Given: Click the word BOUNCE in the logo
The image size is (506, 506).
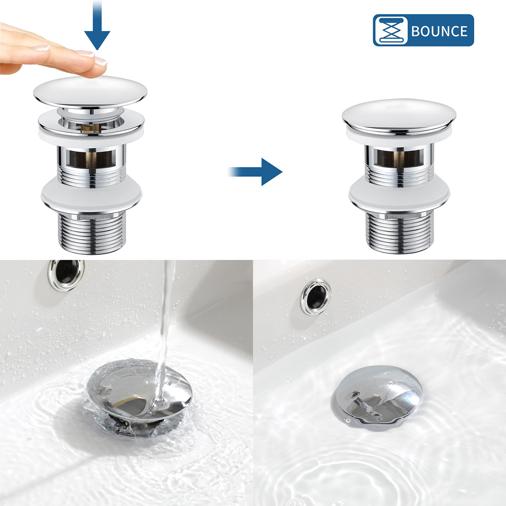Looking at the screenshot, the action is click(439, 31).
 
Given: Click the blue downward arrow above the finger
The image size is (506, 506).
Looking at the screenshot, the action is click(97, 25).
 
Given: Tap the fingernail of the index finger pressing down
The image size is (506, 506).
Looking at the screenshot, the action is click(101, 60).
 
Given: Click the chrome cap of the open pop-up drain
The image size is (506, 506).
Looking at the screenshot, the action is click(90, 91).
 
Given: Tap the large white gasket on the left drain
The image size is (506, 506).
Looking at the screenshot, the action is click(91, 195).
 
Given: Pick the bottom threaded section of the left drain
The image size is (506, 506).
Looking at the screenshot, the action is click(92, 232).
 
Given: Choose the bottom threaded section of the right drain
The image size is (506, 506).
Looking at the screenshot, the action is click(400, 232).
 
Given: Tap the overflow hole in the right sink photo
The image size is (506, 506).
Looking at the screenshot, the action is click(316, 296).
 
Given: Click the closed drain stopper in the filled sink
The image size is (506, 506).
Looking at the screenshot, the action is click(377, 395).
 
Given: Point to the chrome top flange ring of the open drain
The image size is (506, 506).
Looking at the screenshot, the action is click(91, 123).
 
